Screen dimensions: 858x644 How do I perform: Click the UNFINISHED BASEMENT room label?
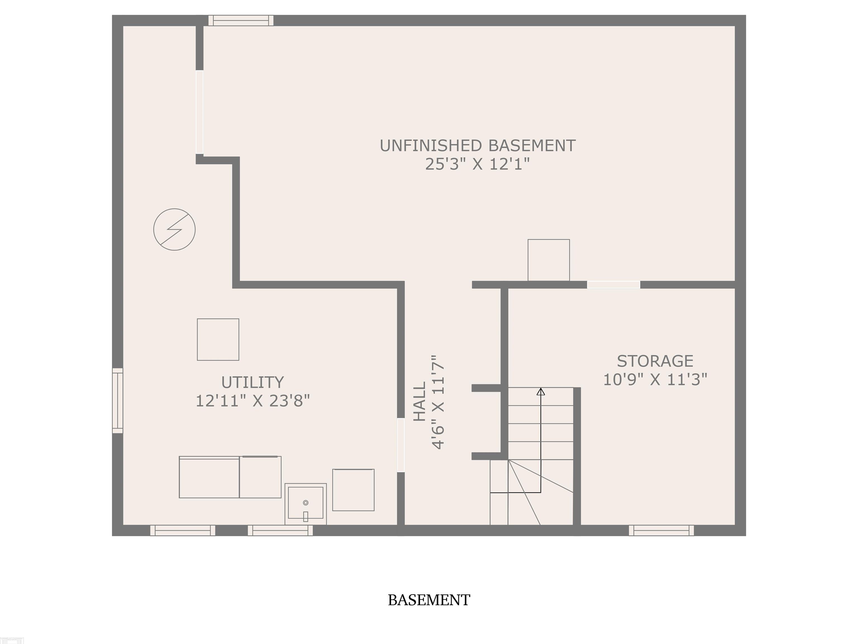[478, 146]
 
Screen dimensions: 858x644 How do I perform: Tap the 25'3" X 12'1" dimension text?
[478, 164]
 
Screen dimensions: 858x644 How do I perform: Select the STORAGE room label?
[655, 361]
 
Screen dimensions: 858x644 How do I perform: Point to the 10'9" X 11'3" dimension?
[655, 379]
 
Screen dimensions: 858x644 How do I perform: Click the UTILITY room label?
[252, 382]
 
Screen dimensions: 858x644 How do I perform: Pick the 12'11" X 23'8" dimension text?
[252, 401]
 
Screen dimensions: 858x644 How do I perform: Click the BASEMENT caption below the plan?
[429, 600]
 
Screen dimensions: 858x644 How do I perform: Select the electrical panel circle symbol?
[175, 229]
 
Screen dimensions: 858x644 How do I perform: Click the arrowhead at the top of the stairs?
[541, 392]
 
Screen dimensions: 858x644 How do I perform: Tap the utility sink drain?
[306, 503]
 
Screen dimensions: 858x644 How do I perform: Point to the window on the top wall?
[241, 21]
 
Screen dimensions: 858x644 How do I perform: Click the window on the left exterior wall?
[118, 401]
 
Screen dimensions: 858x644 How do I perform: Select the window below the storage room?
[661, 530]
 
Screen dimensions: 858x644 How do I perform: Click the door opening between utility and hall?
[401, 445]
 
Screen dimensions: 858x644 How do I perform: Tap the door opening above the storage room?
[614, 285]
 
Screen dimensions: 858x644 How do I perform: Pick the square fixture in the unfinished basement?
[549, 260]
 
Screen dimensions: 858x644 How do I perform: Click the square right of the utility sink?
[353, 490]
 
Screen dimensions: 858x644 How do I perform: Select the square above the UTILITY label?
[218, 340]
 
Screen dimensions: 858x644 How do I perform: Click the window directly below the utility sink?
[280, 530]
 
